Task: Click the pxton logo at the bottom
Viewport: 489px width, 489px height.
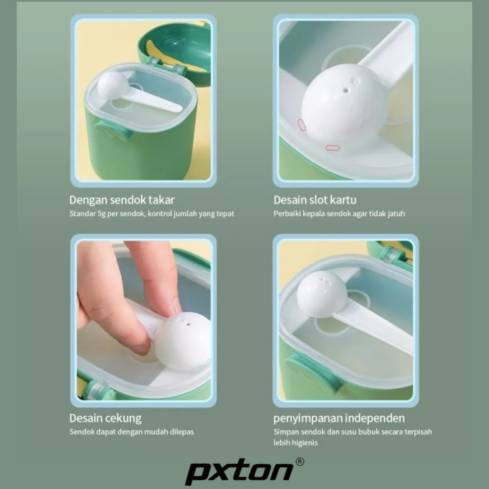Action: pos(240,471)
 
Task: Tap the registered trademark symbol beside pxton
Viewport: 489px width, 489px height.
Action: pos(299,462)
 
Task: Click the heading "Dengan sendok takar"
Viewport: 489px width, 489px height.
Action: pos(122,200)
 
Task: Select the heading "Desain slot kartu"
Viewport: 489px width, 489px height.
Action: pos(315,200)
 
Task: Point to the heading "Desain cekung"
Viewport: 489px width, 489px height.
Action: pos(106,418)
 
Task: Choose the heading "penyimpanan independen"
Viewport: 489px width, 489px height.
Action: pos(339,418)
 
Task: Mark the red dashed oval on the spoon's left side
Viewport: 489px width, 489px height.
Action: pos(302,125)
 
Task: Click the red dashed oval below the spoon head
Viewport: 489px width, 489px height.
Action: pos(333,148)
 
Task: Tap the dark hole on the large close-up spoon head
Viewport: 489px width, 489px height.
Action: pos(346,91)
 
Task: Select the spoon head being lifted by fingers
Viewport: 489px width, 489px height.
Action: pos(183,341)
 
